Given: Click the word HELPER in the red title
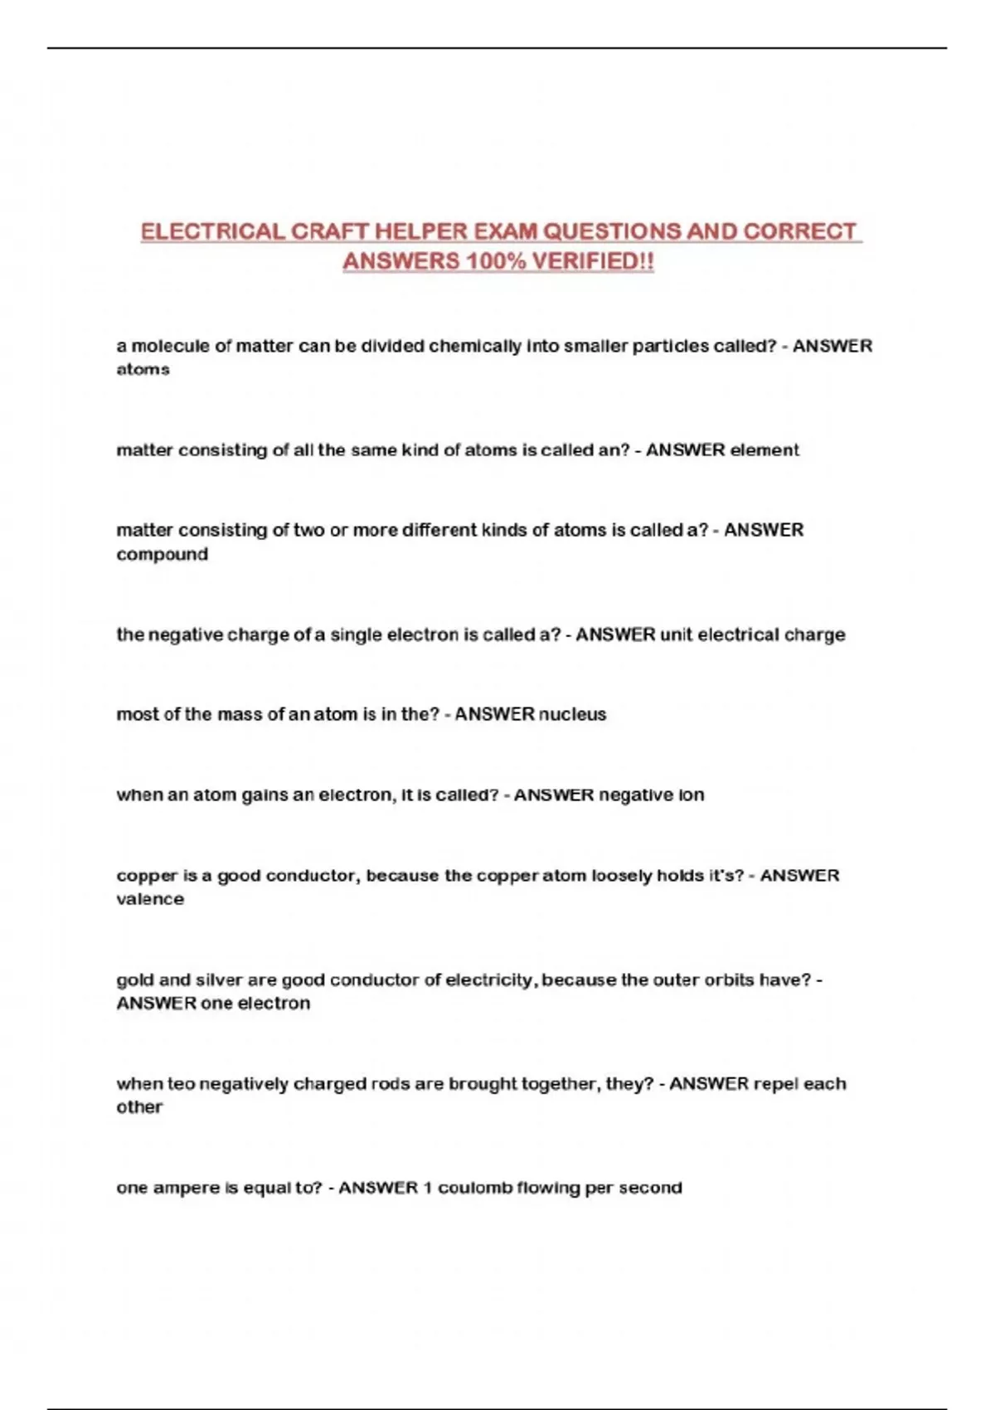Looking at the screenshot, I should point(421,231).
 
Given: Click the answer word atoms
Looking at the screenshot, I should point(143,370).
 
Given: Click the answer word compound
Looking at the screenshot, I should point(162,554).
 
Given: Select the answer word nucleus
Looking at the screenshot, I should point(572,714).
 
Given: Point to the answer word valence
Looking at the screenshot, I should point(150,899).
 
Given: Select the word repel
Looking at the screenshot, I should point(776,1083).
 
